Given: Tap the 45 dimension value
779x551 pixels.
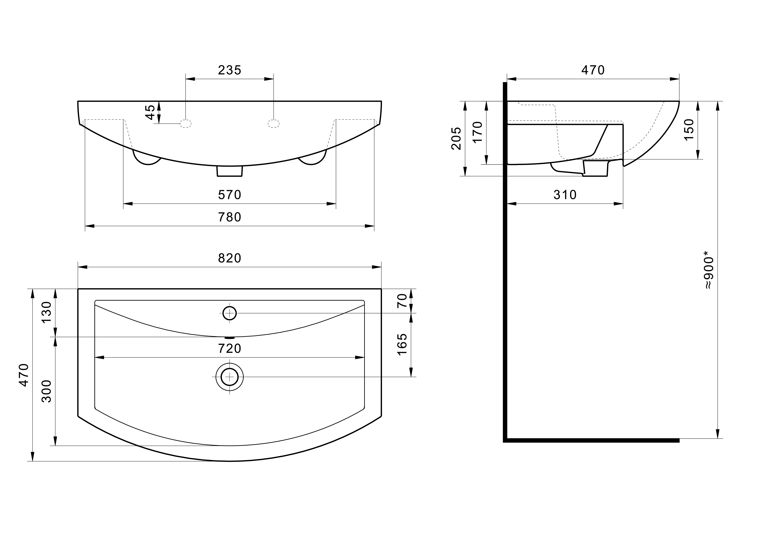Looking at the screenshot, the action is [x=150, y=112].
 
